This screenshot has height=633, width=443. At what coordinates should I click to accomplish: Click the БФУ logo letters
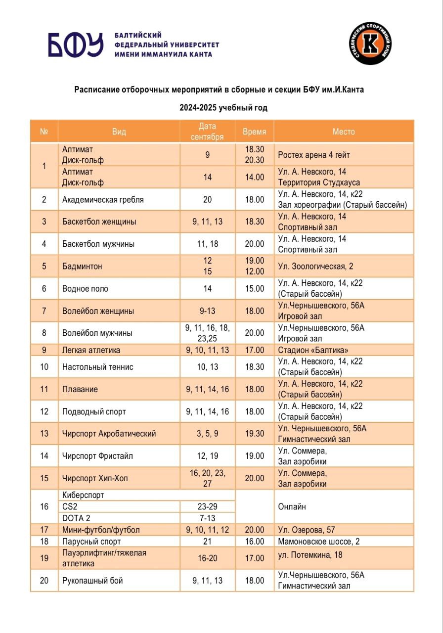point(75,45)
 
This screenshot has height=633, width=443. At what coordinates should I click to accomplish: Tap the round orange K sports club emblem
point(370,44)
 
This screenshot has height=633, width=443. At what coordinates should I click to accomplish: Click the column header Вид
point(119,132)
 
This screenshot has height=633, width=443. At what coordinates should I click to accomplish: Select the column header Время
point(254,132)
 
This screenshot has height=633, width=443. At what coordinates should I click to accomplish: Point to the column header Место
point(344,132)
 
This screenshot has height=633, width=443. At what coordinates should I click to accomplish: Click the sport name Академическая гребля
point(103,200)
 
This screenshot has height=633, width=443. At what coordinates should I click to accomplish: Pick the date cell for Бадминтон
point(208,266)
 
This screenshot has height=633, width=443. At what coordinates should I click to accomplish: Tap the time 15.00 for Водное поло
point(255,288)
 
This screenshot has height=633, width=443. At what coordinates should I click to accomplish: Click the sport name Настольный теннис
point(98,367)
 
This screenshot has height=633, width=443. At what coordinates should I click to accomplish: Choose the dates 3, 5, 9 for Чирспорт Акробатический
point(208,434)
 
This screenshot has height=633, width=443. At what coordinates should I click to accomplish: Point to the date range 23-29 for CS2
point(208,507)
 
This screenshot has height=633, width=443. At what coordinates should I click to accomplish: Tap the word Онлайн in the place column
point(292,507)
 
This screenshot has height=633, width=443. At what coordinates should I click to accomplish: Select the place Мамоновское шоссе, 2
point(319,542)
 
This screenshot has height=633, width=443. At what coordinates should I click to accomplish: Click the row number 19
point(44,558)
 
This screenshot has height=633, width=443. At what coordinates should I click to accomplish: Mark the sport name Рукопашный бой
point(92,581)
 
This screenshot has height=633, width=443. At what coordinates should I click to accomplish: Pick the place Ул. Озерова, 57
point(305,530)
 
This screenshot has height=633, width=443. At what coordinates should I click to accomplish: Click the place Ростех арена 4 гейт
point(314,155)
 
